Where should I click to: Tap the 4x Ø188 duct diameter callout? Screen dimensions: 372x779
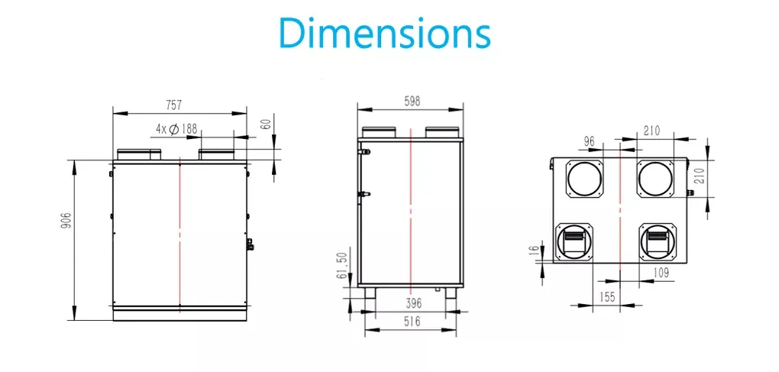coord(176,129)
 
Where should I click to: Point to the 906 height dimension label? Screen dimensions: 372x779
coord(66,222)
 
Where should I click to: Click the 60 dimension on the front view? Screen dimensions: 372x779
coord(266,124)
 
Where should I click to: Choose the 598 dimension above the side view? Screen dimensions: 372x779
coord(411,101)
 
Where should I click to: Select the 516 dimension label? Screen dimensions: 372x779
coord(412,322)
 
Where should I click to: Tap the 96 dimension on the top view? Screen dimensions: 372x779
coord(588,141)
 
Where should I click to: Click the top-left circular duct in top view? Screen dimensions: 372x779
coord(584,179)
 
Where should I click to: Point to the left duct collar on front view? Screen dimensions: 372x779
coord(138,154)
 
